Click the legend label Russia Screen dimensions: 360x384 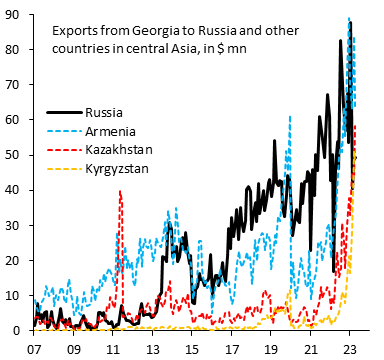pos(105,112)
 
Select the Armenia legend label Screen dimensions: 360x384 pos(111,131)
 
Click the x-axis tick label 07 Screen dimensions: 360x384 pos(33,350)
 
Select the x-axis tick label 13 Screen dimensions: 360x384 pos(152,350)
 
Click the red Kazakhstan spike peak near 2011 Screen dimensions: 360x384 pos(120,191)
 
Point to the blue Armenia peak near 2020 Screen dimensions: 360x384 pos(289,116)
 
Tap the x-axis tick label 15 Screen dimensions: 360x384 pos(191,350)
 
